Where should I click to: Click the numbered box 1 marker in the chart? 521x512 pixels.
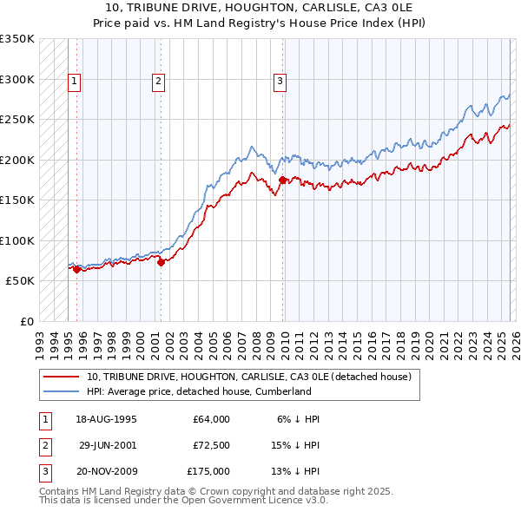pyautogui.click(x=76, y=82)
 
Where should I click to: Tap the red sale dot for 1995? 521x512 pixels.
pyautogui.click(x=76, y=270)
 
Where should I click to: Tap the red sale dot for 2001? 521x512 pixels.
pyautogui.click(x=161, y=263)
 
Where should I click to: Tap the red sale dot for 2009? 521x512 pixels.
pyautogui.click(x=282, y=181)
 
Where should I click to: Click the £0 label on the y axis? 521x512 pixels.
pyautogui.click(x=25, y=321)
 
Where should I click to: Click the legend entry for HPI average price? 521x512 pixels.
pyautogui.click(x=198, y=391)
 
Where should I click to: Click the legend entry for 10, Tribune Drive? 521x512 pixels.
pyautogui.click(x=254, y=377)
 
